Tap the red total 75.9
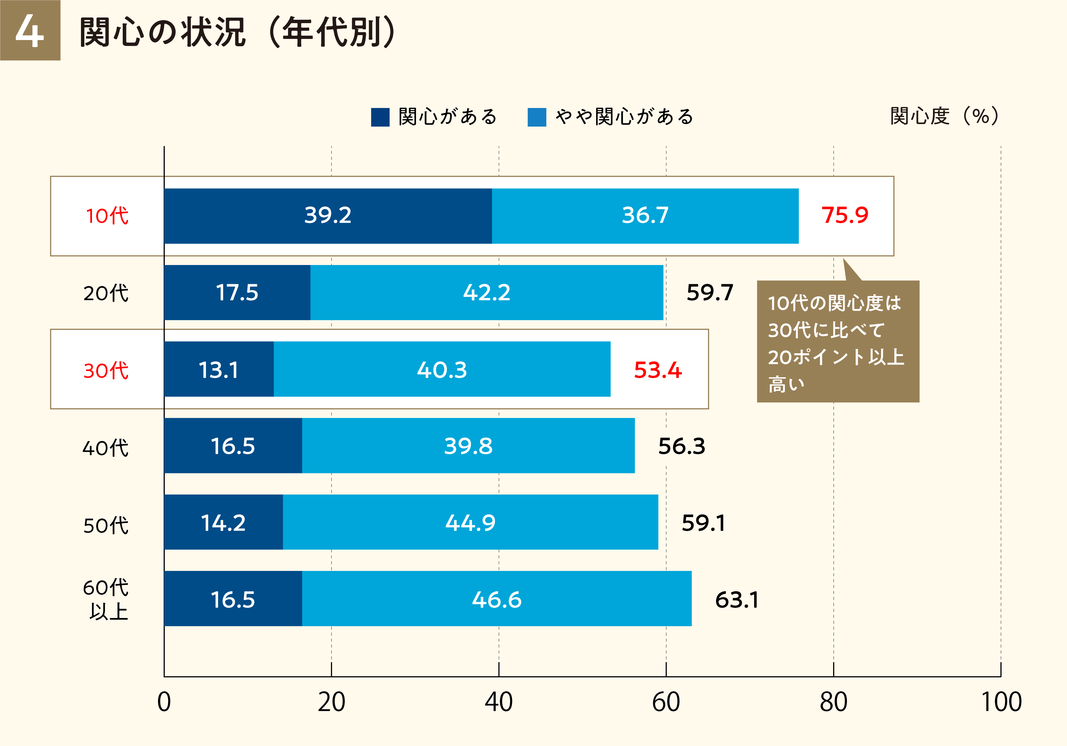pyautogui.click(x=844, y=215)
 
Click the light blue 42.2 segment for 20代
pyautogui.click(x=487, y=293)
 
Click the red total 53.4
pyautogui.click(x=658, y=370)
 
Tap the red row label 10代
pyautogui.click(x=107, y=216)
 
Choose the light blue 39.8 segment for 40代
pyautogui.click(x=468, y=446)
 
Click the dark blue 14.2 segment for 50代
pyautogui.click(x=223, y=523)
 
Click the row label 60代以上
pyautogui.click(x=106, y=599)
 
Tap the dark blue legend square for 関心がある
pyautogui.click(x=380, y=117)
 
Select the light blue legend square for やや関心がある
pyautogui.click(x=537, y=117)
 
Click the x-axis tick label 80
pyautogui.click(x=833, y=702)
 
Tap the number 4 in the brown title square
pyautogui.click(x=30, y=31)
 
